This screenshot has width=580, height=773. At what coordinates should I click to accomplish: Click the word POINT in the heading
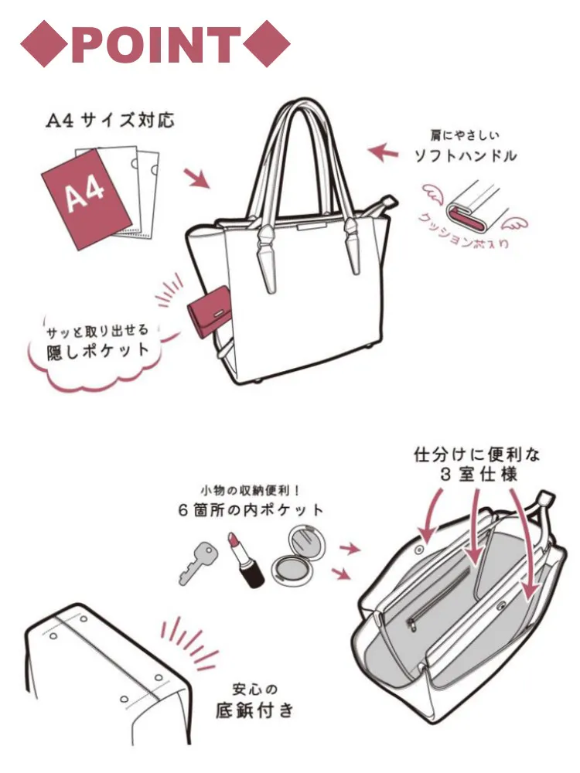pos(156,44)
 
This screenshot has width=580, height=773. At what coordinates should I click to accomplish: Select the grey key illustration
pos(196,563)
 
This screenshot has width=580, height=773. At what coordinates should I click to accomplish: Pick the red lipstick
pos(246,560)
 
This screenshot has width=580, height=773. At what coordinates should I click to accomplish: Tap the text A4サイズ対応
pos(110,121)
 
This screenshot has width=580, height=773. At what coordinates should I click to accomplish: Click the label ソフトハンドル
pos(466,156)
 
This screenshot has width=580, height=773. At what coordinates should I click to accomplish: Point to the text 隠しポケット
pos(97,350)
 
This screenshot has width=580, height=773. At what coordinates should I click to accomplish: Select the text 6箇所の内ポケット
pos(251,509)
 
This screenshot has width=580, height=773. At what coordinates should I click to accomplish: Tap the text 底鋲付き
pos(254,710)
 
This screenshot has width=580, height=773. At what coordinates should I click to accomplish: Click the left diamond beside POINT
pos(44,43)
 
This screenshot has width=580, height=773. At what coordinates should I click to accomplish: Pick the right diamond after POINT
pos(266,43)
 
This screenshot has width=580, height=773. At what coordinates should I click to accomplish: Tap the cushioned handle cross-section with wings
pos(473,207)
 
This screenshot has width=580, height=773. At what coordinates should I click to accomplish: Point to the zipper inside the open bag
pos(437,598)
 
